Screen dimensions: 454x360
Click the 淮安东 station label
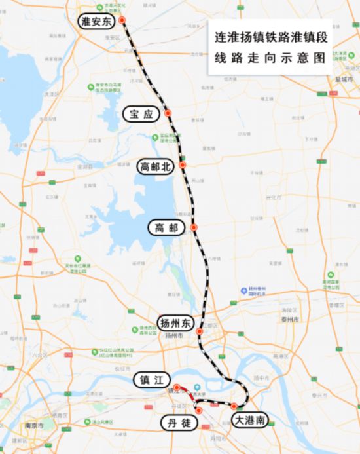click(x=96, y=22)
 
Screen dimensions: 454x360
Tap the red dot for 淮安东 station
click(x=122, y=20)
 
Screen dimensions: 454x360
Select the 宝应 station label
click(x=141, y=114)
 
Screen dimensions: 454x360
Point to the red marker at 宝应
click(x=168, y=113)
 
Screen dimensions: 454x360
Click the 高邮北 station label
click(x=155, y=167)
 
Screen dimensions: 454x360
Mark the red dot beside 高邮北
click(x=183, y=165)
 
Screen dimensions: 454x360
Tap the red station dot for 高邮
click(x=194, y=227)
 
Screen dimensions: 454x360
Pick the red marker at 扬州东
click(x=200, y=331)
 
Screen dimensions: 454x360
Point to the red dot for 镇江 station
click(x=176, y=387)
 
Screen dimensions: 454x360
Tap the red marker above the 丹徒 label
click(x=199, y=410)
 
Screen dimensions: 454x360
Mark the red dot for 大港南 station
click(x=234, y=407)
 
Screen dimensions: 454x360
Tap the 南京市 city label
click(x=34, y=426)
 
